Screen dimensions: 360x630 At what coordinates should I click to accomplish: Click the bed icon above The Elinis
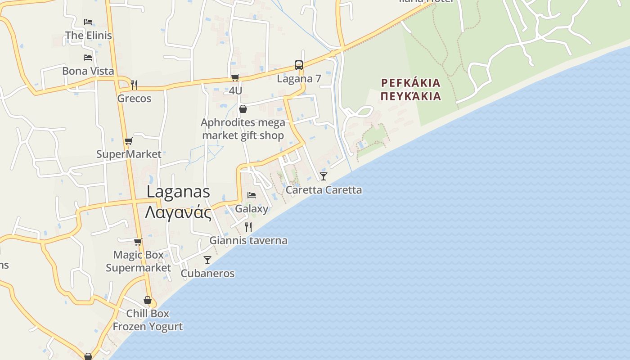point(88,22)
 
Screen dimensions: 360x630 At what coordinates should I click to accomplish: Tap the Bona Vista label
point(88,71)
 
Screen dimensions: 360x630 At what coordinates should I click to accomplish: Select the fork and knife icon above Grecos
point(134,84)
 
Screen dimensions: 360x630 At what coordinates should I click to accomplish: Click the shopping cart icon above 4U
point(235,77)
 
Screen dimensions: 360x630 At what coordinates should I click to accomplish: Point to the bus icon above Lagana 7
point(299,65)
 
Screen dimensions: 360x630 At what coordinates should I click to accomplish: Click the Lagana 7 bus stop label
point(299,79)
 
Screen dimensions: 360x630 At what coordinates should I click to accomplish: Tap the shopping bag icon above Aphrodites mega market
point(243,109)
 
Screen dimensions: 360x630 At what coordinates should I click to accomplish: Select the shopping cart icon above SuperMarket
point(128,141)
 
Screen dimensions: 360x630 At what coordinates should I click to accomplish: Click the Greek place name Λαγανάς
point(178,211)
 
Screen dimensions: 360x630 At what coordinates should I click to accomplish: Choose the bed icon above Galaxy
point(252,195)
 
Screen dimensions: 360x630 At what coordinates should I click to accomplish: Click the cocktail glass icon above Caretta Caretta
point(324,176)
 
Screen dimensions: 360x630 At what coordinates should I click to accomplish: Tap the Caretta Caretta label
point(324,190)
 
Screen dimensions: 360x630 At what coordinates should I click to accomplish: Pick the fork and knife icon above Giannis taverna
point(248,227)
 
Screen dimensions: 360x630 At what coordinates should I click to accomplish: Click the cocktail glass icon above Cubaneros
point(207,260)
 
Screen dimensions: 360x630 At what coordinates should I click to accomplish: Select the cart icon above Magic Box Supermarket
point(138,242)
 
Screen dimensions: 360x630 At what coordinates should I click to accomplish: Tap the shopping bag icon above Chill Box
point(148,300)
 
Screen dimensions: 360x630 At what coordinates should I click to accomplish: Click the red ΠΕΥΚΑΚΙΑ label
point(410,96)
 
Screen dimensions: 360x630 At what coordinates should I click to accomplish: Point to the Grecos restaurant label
point(134,98)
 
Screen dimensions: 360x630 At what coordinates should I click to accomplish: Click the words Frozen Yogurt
point(148,326)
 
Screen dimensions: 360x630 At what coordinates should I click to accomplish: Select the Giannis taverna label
point(248,240)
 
